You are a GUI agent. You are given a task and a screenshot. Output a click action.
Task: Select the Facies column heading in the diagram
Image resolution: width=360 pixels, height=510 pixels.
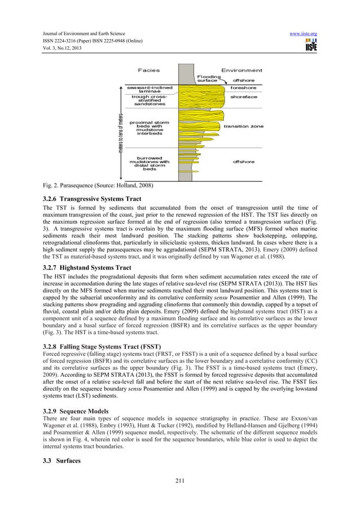(x=149, y=71)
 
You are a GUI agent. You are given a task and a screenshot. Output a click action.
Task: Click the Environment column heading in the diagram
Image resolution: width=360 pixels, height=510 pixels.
(x=242, y=71)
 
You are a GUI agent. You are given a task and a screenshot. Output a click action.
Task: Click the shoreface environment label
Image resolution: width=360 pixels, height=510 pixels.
(x=243, y=97)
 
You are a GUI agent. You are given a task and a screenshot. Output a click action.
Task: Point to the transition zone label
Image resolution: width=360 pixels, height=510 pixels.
(x=243, y=126)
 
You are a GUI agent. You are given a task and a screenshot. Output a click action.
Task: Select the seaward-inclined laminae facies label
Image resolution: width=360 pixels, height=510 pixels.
(x=150, y=90)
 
